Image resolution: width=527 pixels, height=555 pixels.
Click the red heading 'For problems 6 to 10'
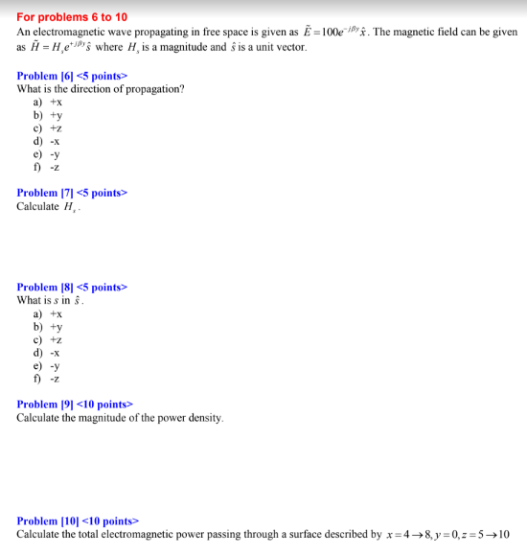click(x=72, y=17)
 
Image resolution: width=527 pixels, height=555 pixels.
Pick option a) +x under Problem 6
click(x=49, y=102)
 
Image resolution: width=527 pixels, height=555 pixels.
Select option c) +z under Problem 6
click(x=49, y=127)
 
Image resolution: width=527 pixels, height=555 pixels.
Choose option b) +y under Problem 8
click(x=49, y=326)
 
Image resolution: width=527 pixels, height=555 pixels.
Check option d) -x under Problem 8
click(x=48, y=352)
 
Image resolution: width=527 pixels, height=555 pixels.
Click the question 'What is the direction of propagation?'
click(x=101, y=89)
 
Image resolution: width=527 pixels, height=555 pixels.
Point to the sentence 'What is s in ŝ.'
click(x=50, y=300)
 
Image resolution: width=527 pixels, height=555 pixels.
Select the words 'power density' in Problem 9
click(x=192, y=418)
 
